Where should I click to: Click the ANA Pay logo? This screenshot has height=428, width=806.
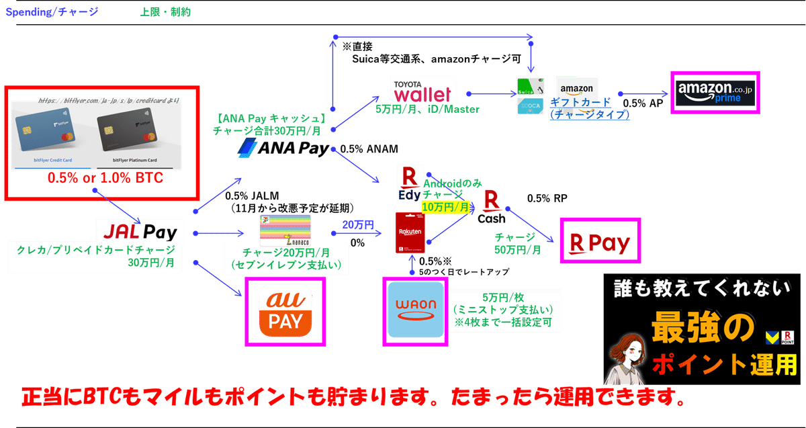click(284, 148)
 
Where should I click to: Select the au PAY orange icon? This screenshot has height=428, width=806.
click(284, 312)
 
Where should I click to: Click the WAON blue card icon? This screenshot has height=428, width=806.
click(414, 311)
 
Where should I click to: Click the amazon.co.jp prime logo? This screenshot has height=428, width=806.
click(715, 93)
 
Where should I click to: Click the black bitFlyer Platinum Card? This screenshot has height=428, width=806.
click(138, 134)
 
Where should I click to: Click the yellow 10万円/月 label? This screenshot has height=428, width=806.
click(445, 208)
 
